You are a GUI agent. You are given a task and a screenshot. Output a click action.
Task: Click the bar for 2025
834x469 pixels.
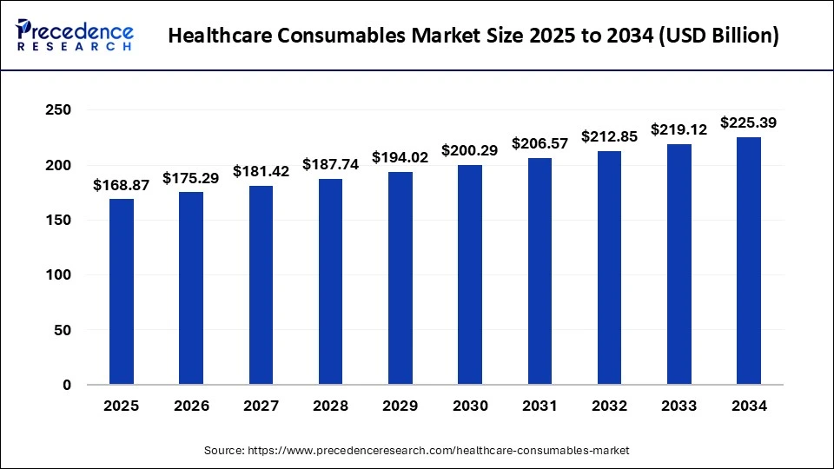click(122, 292)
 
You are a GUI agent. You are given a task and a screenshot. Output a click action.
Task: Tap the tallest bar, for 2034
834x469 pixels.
click(749, 261)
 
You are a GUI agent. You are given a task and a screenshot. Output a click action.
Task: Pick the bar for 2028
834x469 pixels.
click(330, 281)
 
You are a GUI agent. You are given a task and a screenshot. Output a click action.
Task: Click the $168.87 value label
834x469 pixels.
click(121, 185)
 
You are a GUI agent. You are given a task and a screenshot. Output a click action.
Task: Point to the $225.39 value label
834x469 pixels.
click(749, 123)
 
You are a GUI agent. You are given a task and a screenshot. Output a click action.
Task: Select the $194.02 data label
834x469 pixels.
click(400, 157)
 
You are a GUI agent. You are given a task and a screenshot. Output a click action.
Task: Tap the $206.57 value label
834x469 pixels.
click(539, 143)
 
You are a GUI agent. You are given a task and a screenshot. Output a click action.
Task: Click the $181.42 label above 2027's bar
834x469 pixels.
click(261, 171)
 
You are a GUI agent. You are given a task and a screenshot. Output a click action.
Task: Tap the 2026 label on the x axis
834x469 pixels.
click(191, 406)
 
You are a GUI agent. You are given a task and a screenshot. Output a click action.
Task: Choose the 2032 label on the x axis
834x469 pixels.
click(609, 406)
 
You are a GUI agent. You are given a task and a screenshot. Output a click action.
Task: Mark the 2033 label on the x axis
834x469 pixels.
click(678, 406)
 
